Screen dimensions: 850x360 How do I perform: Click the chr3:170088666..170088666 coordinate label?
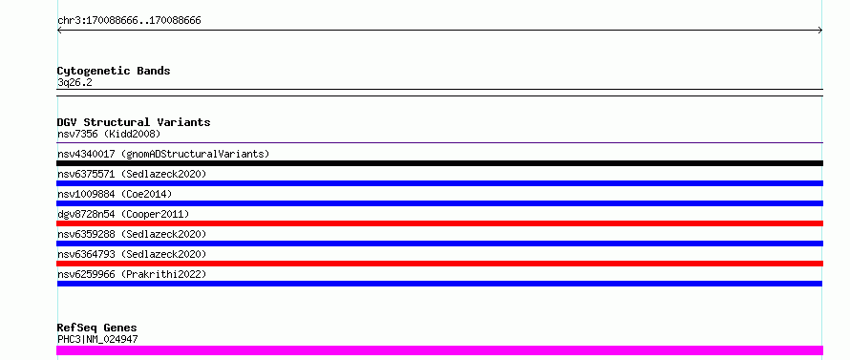[x=129, y=21]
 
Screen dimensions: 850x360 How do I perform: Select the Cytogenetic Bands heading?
[x=114, y=71]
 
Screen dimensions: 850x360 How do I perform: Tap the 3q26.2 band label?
[x=74, y=82]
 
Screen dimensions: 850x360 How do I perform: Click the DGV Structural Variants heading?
[x=134, y=122]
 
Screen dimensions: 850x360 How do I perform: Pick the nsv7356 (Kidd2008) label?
[x=109, y=134]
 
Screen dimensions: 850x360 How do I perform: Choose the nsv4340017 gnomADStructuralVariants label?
[x=163, y=154]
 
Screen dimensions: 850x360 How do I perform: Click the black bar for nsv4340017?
[x=439, y=163]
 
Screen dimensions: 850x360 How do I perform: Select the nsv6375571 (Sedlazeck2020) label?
[x=132, y=174]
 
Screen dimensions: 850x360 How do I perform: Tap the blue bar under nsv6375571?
[x=439, y=183]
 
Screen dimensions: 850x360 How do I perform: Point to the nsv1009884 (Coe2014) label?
[x=115, y=194]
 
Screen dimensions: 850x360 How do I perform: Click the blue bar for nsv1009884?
[x=439, y=203]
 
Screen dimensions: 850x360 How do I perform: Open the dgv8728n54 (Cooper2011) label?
[x=123, y=214]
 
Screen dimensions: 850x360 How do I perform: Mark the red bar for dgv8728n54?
[x=439, y=223]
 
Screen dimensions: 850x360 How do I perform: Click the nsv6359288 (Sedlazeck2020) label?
[x=132, y=234]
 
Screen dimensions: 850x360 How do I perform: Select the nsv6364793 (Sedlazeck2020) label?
[x=132, y=254]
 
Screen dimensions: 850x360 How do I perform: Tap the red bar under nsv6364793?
[x=439, y=264]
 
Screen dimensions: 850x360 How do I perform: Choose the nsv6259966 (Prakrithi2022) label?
[x=132, y=274]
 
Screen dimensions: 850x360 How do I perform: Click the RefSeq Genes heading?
[x=97, y=328]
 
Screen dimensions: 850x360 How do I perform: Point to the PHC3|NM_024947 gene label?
[x=97, y=339]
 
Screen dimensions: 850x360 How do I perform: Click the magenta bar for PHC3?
[x=439, y=350]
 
